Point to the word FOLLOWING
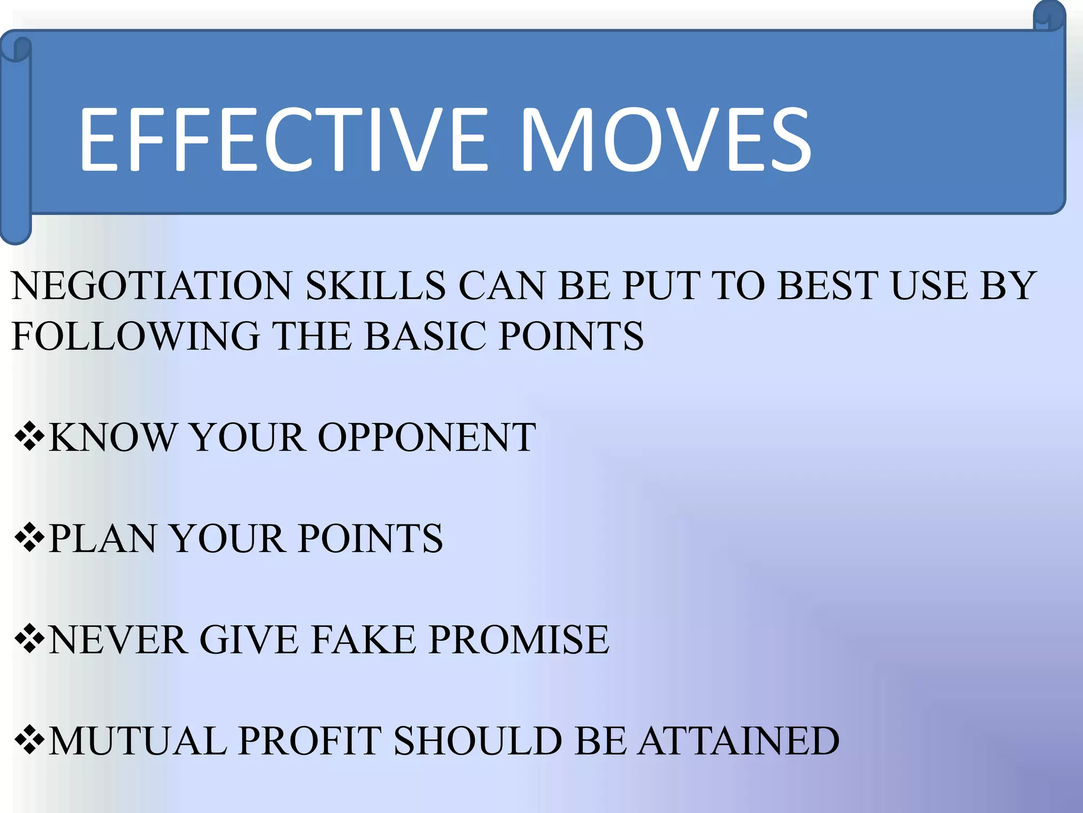pyautogui.click(x=135, y=336)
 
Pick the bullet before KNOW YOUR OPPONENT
pyautogui.click(x=29, y=437)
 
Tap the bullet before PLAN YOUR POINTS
pyautogui.click(x=29, y=538)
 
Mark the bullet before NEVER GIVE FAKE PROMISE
pyautogui.click(x=29, y=639)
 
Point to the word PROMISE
pyautogui.click(x=518, y=640)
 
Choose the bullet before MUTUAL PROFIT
pyautogui.click(x=29, y=740)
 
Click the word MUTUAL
pyautogui.click(x=137, y=741)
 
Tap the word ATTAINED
pyautogui.click(x=738, y=741)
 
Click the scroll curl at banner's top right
pyautogui.click(x=1049, y=16)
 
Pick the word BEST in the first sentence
pyautogui.click(x=828, y=286)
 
